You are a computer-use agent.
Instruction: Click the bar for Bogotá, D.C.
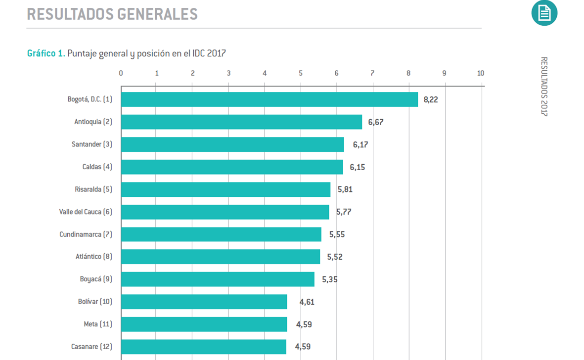pos(270,99)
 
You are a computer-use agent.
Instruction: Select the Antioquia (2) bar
pos(241,122)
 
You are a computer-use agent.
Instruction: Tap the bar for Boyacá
pos(218,279)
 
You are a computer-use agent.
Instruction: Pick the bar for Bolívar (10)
pos(204,302)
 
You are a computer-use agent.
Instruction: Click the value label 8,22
pos(431,99)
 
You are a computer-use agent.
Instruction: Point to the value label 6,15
pos(357,167)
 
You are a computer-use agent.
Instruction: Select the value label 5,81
pos(345,189)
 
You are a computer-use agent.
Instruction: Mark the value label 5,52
pos(334,257)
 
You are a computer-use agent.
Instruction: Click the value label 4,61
pos(307,302)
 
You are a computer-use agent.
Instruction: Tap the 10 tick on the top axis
pos(480,73)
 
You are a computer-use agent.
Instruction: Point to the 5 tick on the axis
pos(301,73)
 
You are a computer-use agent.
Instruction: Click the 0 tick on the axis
pos(121,73)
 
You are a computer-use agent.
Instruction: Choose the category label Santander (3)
pos(92,144)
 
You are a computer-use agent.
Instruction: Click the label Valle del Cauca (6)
pos(86,212)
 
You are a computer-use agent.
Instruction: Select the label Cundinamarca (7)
pos(86,234)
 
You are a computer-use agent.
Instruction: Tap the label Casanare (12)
pos(91,347)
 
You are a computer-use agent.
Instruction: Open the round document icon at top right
pos(544,13)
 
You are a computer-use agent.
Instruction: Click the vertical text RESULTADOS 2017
pos(544,87)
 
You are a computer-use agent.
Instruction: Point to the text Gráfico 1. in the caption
pos(46,53)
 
